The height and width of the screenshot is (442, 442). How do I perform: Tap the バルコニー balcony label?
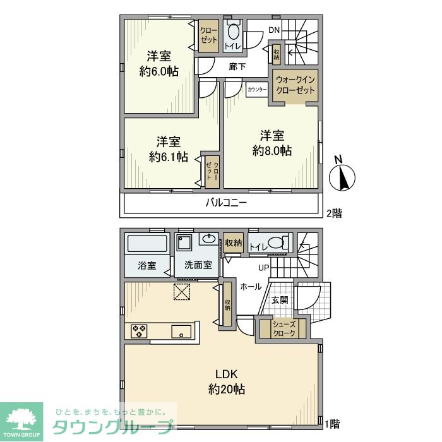click(x=225, y=203)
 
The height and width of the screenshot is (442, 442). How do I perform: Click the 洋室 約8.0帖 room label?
click(x=272, y=143)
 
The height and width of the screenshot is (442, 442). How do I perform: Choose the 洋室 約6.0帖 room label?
click(x=158, y=63)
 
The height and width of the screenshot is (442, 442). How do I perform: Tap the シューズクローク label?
click(x=284, y=328)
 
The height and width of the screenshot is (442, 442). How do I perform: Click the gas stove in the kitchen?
click(x=140, y=330)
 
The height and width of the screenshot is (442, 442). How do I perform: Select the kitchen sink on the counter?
click(x=181, y=330)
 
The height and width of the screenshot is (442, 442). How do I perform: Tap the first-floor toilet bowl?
click(x=276, y=242)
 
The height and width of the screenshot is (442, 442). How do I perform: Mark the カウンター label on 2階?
click(x=257, y=89)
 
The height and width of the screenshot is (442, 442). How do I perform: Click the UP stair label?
click(x=263, y=267)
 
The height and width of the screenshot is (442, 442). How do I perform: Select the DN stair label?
click(x=273, y=30)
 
